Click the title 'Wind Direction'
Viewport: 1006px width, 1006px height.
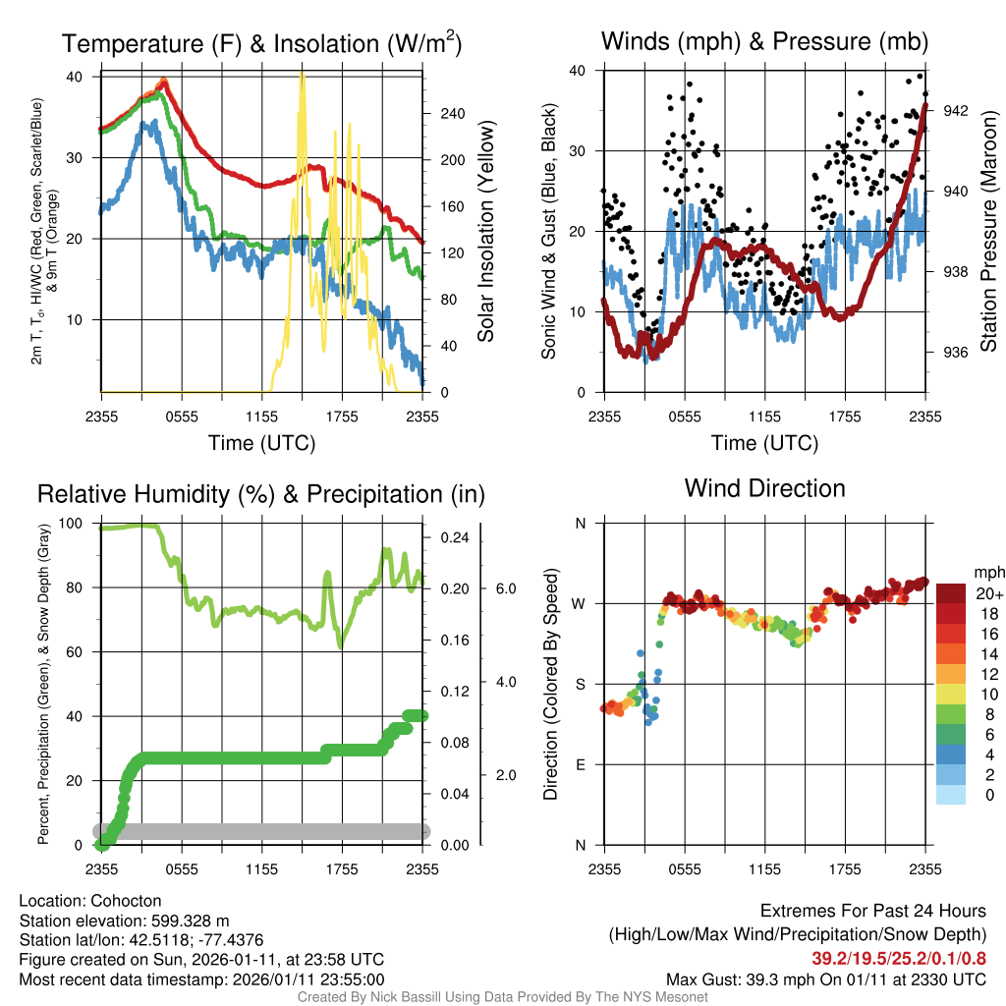764,488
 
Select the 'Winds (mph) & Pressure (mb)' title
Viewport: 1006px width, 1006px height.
764,41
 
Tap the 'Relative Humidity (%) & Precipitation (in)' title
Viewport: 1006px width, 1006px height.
261,494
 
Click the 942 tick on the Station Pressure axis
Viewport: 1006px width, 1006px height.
956,111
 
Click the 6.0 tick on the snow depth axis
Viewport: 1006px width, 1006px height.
504,588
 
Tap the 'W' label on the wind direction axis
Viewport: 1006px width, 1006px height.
580,603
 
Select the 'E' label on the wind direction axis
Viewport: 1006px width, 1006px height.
581,764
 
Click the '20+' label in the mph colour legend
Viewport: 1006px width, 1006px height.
989,593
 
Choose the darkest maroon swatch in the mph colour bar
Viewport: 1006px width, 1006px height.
952,593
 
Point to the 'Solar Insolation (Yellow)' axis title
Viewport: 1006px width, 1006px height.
486,232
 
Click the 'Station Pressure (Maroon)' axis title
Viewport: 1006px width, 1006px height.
988,232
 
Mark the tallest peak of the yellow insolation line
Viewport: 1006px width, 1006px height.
303,76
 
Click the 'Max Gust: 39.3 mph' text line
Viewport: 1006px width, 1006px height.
826,979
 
